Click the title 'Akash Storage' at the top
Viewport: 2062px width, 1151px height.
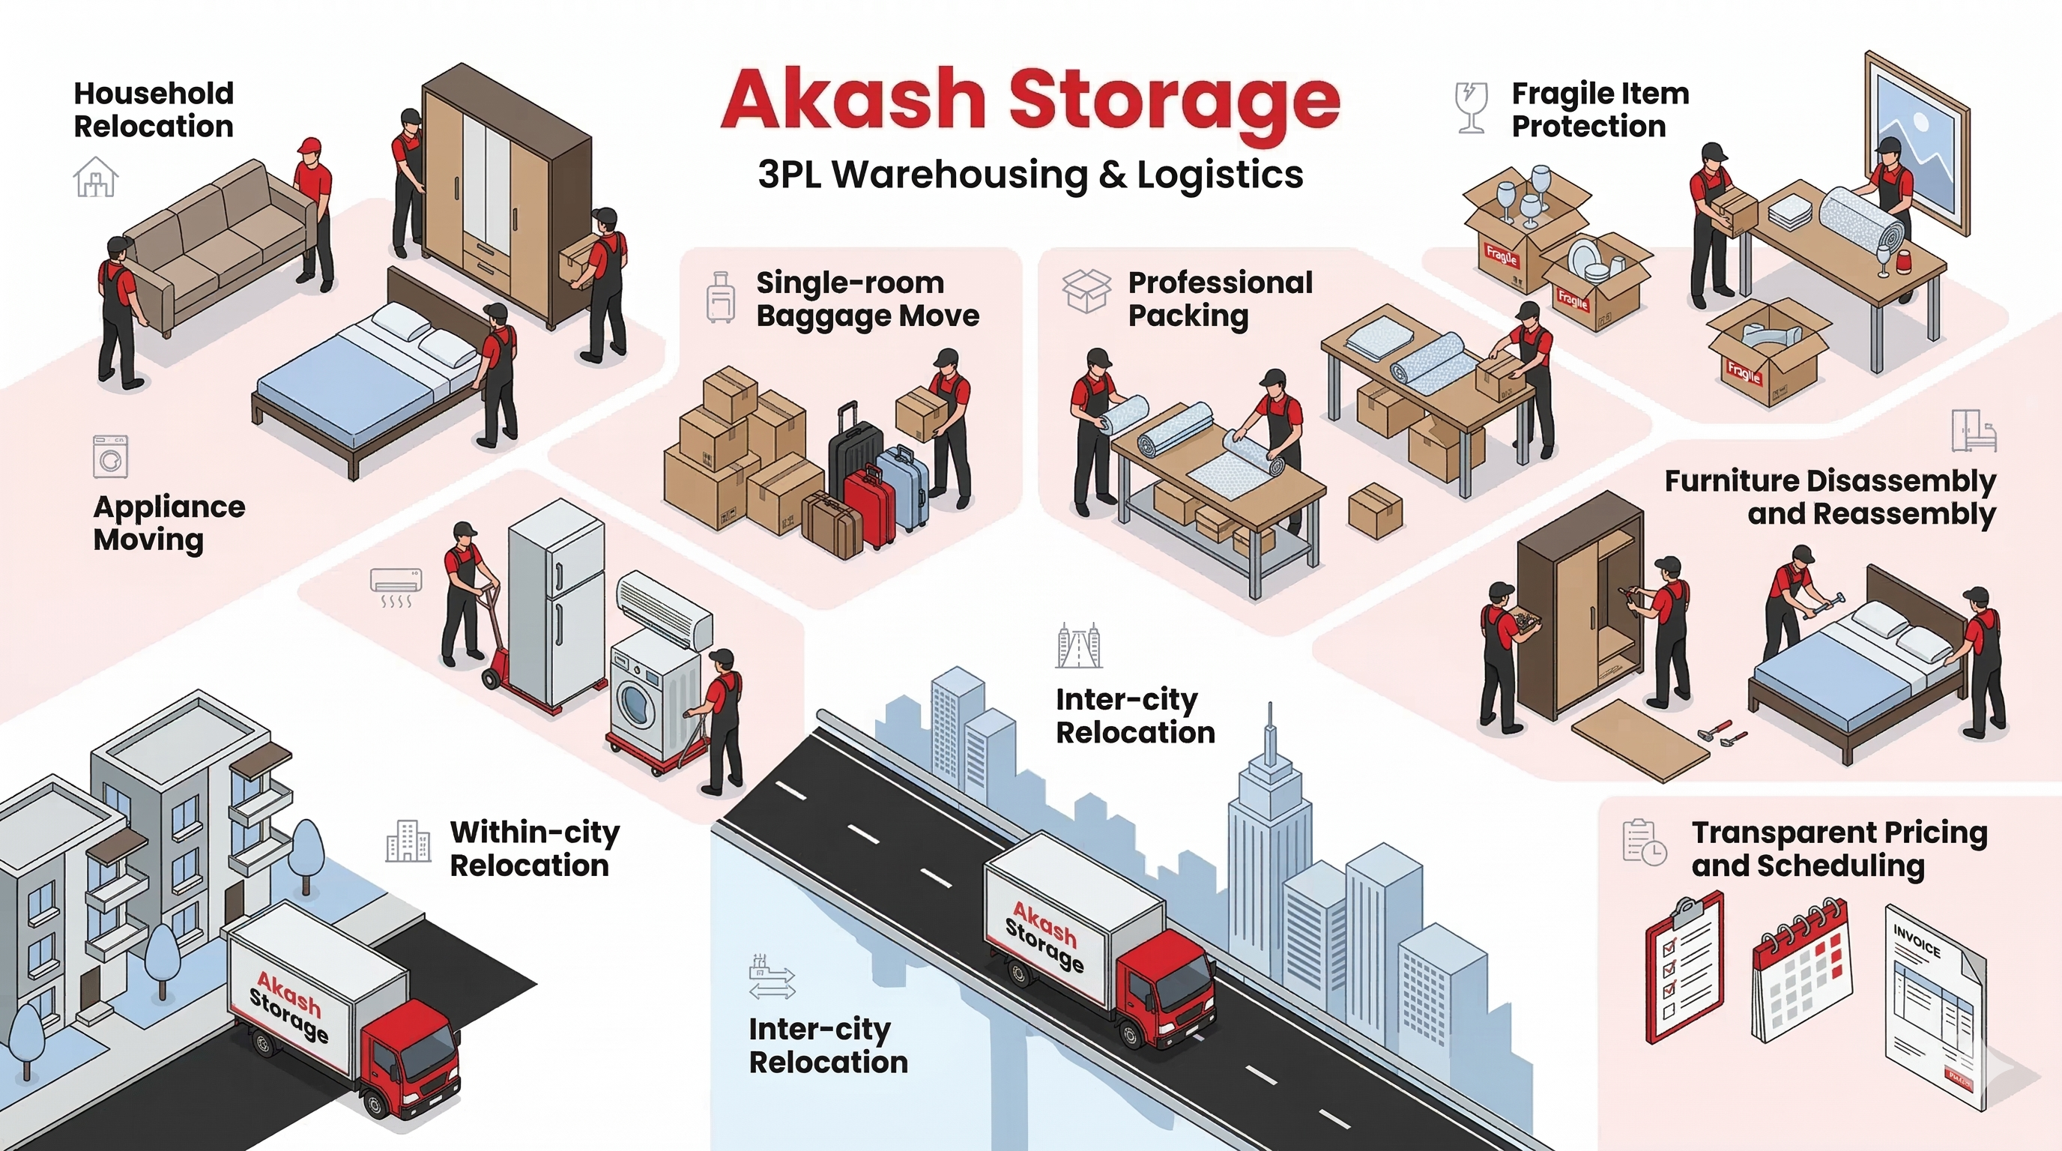1030,101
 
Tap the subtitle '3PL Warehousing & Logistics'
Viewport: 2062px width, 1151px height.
1030,175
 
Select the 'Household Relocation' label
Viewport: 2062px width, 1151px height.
154,109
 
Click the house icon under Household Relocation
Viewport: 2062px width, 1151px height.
96,178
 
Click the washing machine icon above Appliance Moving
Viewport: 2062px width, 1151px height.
110,457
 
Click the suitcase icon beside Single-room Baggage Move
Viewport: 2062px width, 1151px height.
720,297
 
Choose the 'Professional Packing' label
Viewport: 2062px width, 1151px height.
1219,298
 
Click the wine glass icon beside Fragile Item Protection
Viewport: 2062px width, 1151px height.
1472,107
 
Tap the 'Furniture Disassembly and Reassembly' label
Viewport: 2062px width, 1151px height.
1830,497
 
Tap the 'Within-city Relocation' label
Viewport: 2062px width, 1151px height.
534,848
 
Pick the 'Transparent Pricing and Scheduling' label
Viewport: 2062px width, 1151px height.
1839,849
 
